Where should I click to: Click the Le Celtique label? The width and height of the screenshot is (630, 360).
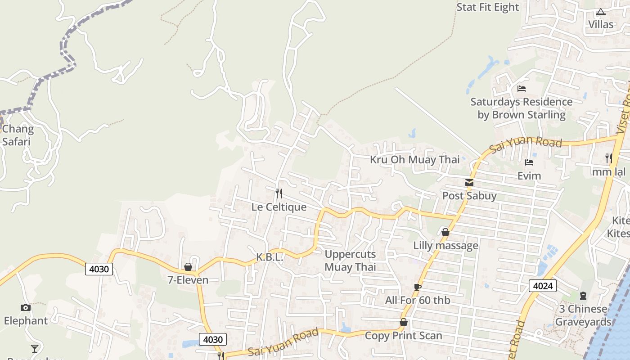pos(279,207)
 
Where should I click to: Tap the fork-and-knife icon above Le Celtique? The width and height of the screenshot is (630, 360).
pos(279,193)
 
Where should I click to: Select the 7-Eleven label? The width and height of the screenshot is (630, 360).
pos(188,280)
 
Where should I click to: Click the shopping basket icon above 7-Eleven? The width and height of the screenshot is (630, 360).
pos(188,267)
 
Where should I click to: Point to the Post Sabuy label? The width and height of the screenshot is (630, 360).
pos(469,196)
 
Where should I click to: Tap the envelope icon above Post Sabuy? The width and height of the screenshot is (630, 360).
pos(469,183)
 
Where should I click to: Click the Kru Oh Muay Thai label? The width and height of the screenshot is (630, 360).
pos(415,160)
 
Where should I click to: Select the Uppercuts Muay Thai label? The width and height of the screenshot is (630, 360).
pos(350,261)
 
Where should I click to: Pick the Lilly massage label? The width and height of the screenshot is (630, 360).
pos(445,246)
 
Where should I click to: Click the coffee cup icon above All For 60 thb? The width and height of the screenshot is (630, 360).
pos(418,287)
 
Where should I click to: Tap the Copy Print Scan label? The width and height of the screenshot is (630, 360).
pos(403,336)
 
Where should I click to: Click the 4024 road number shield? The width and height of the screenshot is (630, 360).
pos(543,286)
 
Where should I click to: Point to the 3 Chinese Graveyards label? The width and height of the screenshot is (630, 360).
pos(583,315)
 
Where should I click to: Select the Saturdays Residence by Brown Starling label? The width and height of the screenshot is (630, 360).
pos(521,108)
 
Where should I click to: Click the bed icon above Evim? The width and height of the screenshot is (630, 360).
pos(529,162)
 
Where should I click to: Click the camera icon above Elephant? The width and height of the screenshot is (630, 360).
pos(26,308)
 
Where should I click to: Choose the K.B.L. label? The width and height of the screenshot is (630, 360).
pos(270,257)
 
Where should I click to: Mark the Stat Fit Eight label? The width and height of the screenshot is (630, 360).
pos(487,7)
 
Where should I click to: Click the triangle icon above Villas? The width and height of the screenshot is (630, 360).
pos(601,12)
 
